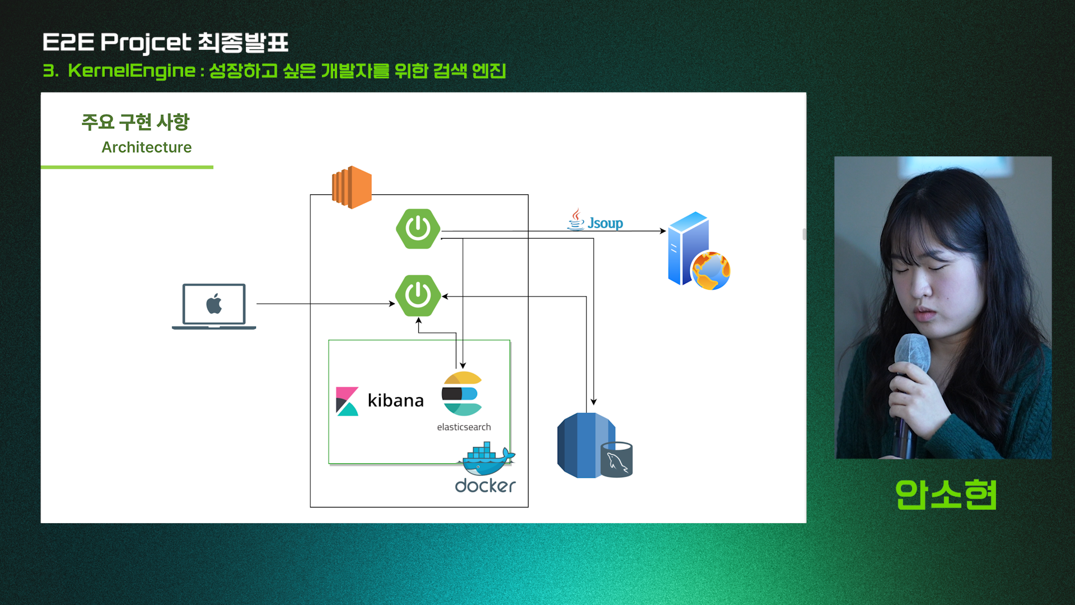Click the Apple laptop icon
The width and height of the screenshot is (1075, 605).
click(214, 306)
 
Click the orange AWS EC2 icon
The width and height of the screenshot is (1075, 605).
click(352, 187)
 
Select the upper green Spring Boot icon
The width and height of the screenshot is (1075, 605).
click(418, 229)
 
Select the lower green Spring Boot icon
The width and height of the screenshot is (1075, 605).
click(418, 295)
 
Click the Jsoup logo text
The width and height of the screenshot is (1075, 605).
click(605, 223)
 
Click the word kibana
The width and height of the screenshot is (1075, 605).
click(395, 401)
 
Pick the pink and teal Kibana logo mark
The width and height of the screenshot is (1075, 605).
click(347, 401)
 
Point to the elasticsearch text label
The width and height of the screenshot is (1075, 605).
click(464, 427)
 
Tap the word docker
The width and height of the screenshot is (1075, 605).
click(485, 486)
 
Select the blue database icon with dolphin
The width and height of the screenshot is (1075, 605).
click(594, 445)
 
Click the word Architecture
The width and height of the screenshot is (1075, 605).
click(147, 147)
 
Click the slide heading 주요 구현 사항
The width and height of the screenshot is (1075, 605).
click(135, 122)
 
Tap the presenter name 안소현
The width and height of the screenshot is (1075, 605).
click(946, 495)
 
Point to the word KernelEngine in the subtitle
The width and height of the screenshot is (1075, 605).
click(132, 71)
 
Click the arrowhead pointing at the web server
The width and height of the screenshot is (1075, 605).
click(663, 231)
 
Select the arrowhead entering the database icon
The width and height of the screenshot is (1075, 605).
click(593, 402)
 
